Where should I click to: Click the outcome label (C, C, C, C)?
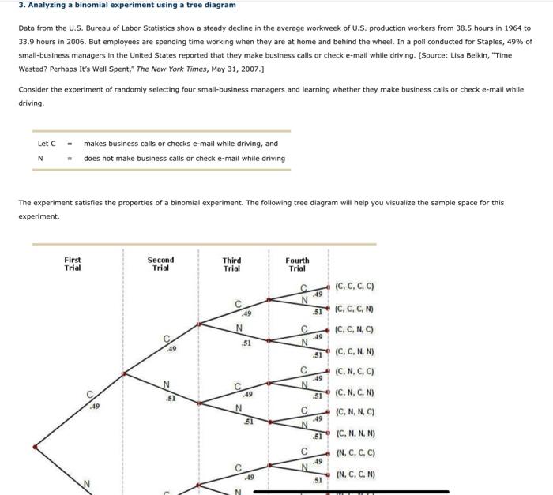[355, 287]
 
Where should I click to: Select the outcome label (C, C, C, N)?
[355, 309]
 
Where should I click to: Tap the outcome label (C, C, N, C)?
[355, 330]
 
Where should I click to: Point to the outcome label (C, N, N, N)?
[355, 433]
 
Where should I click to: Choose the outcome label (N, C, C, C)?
[355, 453]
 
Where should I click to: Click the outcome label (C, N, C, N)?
[355, 392]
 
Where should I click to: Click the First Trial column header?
[73, 264]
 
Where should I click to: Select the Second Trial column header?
[160, 264]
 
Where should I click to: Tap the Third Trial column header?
[231, 264]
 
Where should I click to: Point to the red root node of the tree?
[35, 447]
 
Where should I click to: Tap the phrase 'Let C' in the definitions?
[47, 144]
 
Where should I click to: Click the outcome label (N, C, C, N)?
[355, 474]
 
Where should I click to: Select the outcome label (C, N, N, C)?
[355, 412]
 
